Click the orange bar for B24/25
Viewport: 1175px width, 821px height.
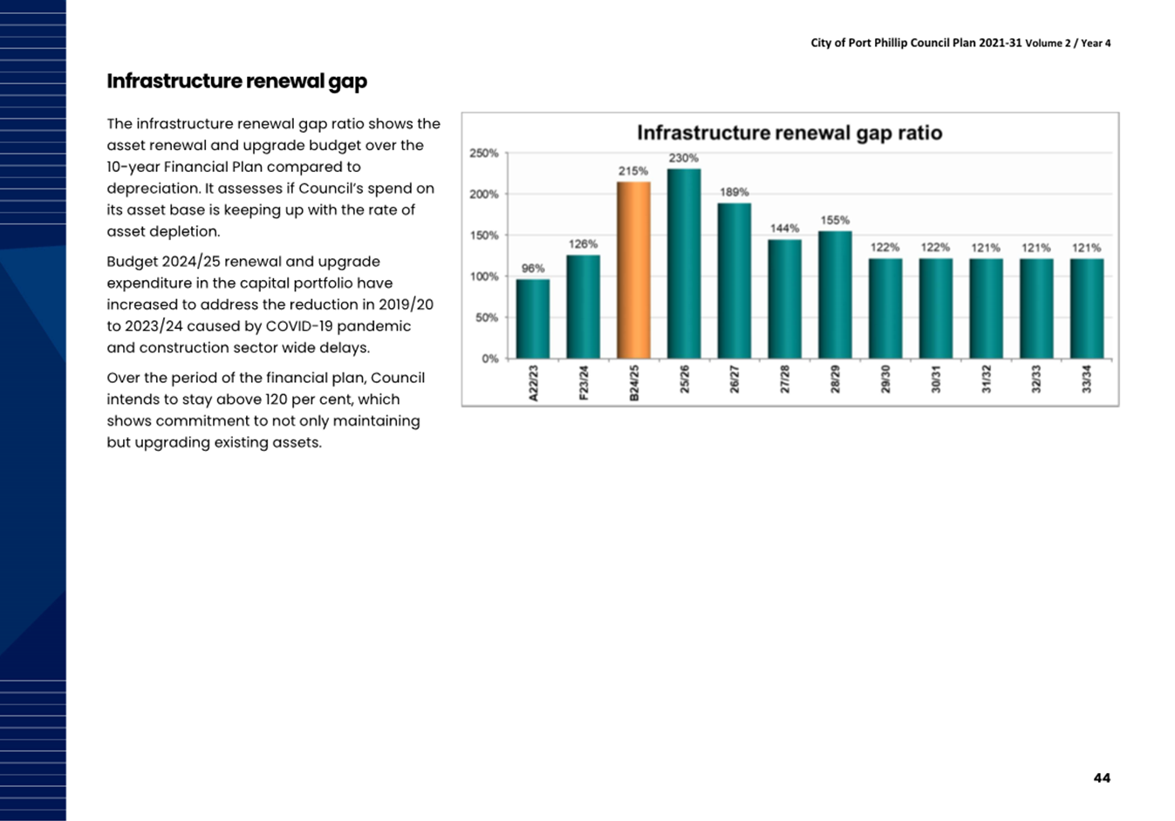point(633,270)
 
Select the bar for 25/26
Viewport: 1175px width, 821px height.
point(684,263)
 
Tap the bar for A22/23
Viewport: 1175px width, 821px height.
point(533,319)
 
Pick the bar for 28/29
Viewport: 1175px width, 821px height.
point(835,295)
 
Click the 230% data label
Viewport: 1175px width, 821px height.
point(684,158)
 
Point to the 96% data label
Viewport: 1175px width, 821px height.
point(533,269)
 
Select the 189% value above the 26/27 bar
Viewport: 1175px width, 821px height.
point(734,193)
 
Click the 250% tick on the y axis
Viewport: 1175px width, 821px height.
point(483,154)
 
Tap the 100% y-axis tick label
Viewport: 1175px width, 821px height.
point(483,277)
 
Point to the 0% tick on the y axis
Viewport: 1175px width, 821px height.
point(490,359)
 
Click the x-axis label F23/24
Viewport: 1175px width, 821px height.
point(584,382)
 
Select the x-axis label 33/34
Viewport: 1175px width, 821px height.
point(1087,380)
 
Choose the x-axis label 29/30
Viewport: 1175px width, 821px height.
point(885,380)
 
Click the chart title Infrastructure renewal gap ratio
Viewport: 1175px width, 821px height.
point(789,133)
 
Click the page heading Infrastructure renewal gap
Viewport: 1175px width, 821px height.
point(237,81)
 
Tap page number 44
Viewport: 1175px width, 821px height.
point(1102,778)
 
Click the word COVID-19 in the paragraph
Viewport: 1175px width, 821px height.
point(299,326)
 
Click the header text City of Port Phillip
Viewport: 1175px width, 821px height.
point(859,43)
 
